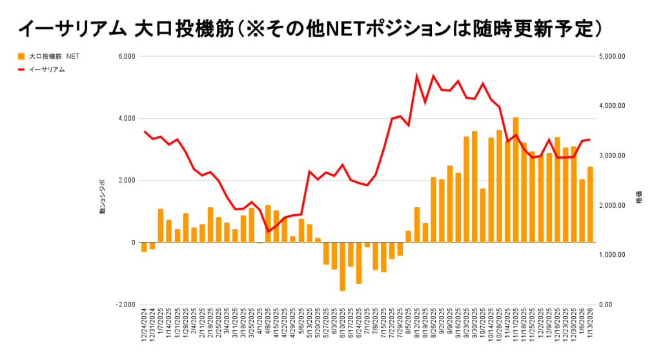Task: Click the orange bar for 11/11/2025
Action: coord(516,180)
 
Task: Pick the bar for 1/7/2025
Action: coord(161,226)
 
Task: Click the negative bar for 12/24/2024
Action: coord(144,247)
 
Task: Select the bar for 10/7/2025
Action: coord(483,215)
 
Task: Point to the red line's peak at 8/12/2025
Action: coord(417,76)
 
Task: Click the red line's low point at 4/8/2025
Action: coord(268,232)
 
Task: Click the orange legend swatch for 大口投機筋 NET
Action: coord(21,57)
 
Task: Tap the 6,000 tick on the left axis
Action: coord(125,57)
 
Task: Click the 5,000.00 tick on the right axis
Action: coord(613,57)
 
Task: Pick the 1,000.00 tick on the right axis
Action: coord(613,255)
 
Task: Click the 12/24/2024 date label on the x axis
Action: coord(145,328)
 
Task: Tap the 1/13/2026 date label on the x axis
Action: coord(590,328)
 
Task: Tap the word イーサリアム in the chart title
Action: coord(71,28)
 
